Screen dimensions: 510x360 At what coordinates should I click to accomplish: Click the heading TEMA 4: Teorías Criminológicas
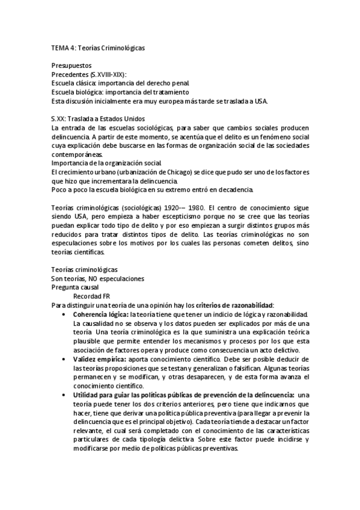tap(99, 47)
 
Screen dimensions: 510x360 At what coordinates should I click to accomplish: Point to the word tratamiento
tap(171, 91)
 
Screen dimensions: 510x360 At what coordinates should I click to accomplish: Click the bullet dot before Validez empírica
tap(64, 359)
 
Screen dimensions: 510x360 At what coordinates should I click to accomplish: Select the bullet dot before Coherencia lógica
tap(64, 315)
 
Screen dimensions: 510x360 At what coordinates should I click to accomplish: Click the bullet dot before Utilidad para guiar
tap(64, 395)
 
